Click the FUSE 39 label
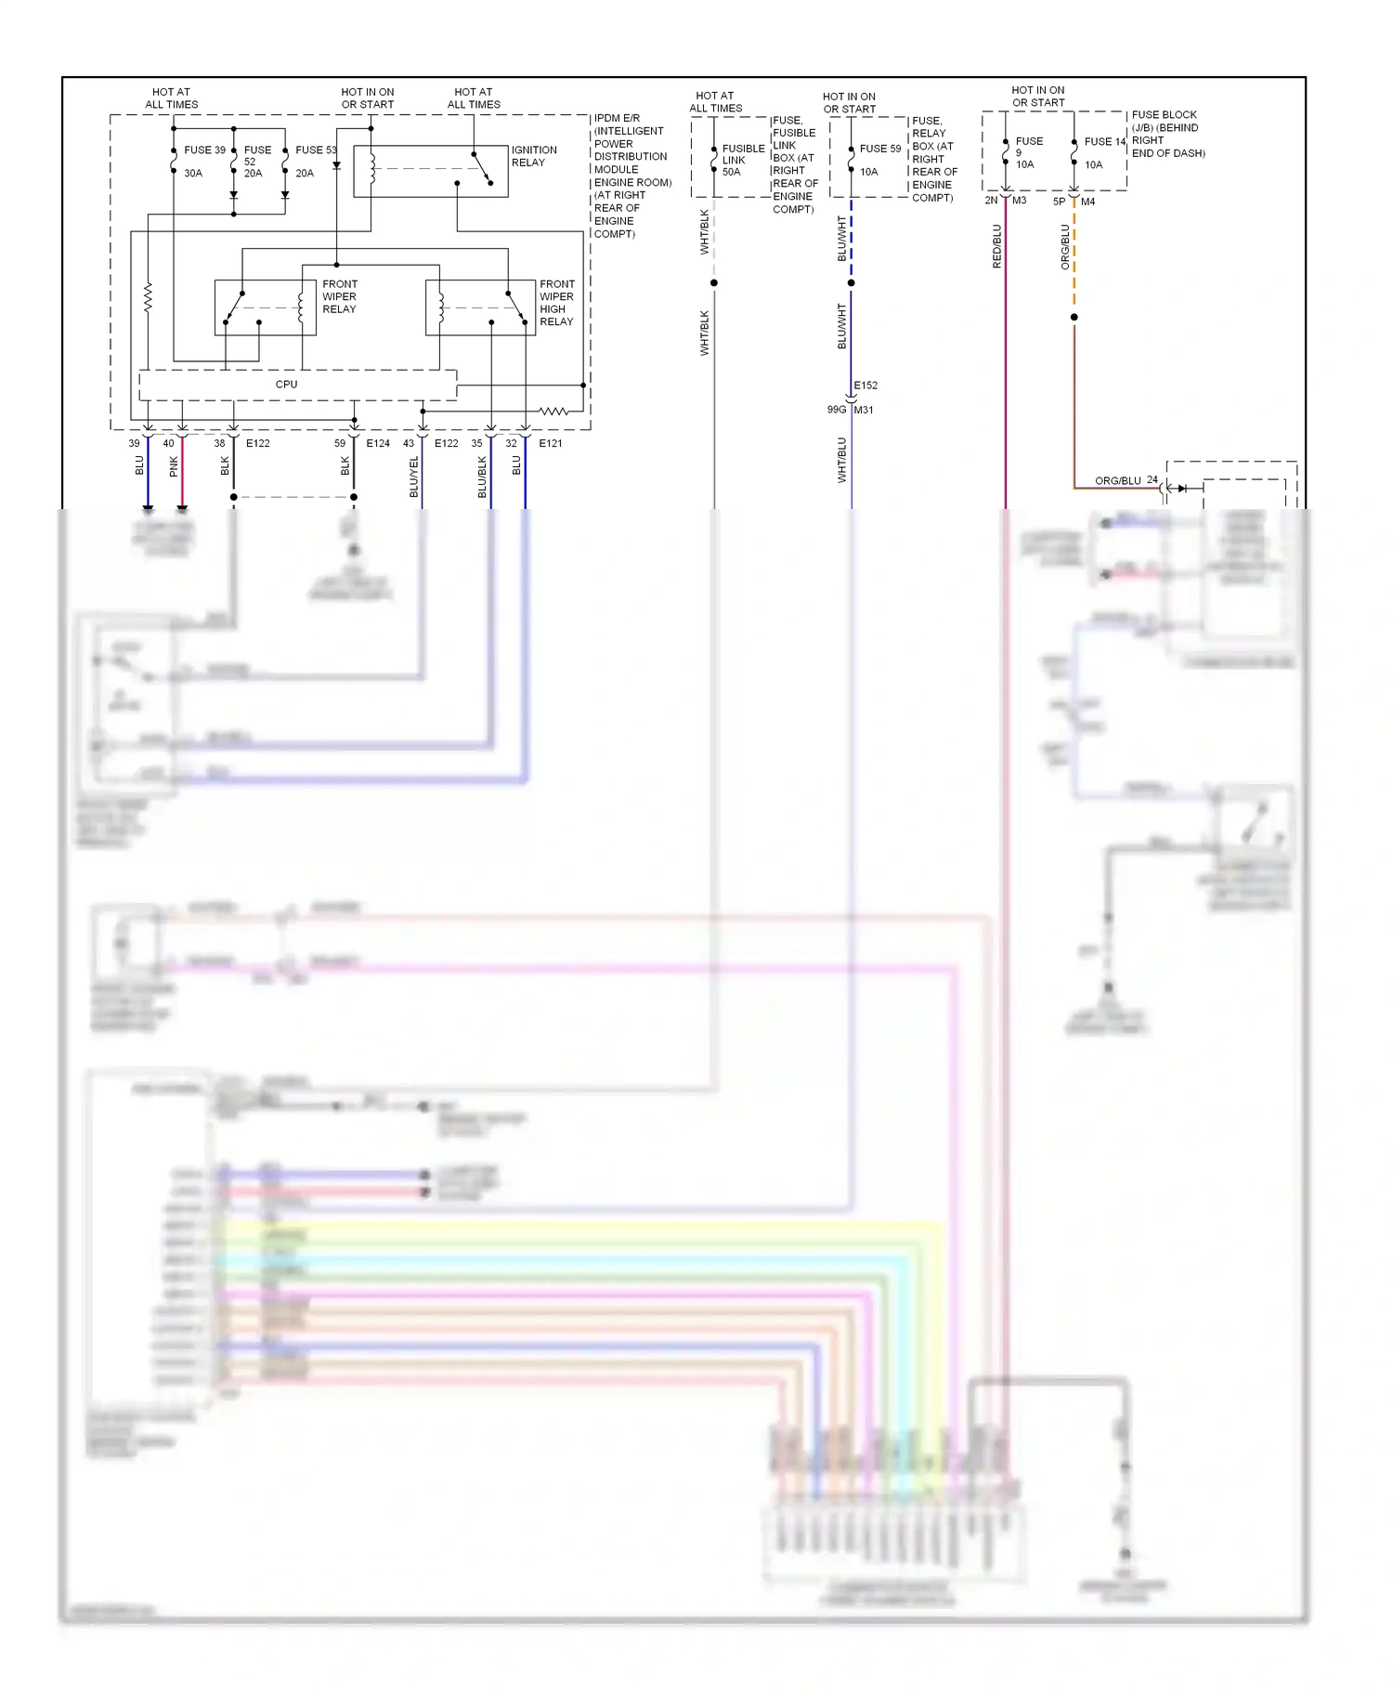pyautogui.click(x=204, y=150)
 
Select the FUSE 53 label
pyautogui.click(x=316, y=150)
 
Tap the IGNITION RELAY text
pyautogui.click(x=534, y=156)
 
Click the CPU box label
pyautogui.click(x=286, y=384)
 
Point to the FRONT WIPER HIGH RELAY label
pyautogui.click(x=556, y=303)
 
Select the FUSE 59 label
pyautogui.click(x=879, y=149)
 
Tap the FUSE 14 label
pyautogui.click(x=1104, y=142)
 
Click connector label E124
pyautogui.click(x=378, y=443)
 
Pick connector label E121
pyautogui.click(x=551, y=443)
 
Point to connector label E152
pyautogui.click(x=866, y=385)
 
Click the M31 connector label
pyautogui.click(x=864, y=410)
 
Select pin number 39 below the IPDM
pyautogui.click(x=135, y=443)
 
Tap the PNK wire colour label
pyautogui.click(x=174, y=466)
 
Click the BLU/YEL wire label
pyautogui.click(x=414, y=476)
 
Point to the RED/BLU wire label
pyautogui.click(x=997, y=246)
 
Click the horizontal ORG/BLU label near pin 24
pyautogui.click(x=1117, y=481)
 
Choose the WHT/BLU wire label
pyautogui.click(x=842, y=460)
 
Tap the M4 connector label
pyautogui.click(x=1087, y=202)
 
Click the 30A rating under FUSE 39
pyautogui.click(x=193, y=174)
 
